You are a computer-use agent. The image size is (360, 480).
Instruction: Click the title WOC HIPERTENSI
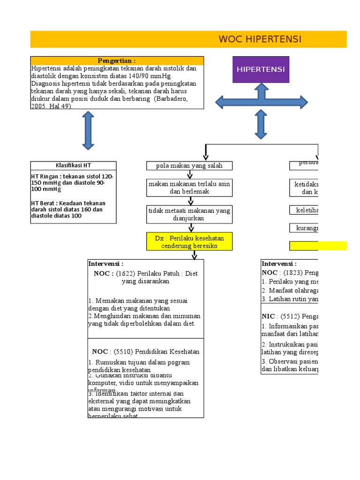[x=260, y=39]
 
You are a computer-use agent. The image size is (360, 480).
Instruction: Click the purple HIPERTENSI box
[x=261, y=69]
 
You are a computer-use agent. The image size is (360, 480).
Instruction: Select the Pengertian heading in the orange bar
[x=117, y=61]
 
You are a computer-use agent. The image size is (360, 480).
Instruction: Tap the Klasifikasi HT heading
[x=74, y=165]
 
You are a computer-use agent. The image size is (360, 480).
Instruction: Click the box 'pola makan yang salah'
[x=189, y=165]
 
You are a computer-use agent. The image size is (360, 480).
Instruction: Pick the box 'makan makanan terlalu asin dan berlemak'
[x=189, y=187]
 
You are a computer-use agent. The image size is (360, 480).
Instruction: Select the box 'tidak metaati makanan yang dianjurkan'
[x=189, y=214]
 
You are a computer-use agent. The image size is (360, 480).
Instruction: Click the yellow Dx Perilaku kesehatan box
[x=189, y=242]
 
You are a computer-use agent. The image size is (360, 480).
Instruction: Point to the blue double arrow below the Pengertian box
[x=88, y=131]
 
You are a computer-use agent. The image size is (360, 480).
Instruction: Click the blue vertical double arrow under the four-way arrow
[x=261, y=124]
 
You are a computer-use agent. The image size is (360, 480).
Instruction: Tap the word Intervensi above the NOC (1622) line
[x=105, y=264]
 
